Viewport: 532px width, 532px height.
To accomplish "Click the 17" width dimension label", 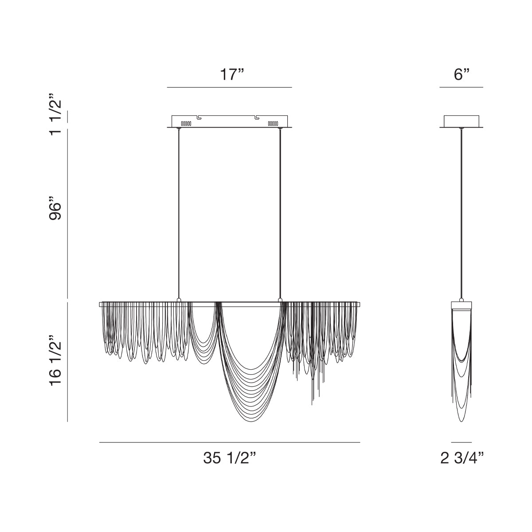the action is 232,74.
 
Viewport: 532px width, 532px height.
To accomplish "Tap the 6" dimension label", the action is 462,74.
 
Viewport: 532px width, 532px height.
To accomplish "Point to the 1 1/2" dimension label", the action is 55,114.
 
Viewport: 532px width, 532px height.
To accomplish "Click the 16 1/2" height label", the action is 55,360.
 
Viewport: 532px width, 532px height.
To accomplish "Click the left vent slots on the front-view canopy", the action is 186,123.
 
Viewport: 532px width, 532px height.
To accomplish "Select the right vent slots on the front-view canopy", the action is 273,123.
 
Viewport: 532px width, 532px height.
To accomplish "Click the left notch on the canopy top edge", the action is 199,117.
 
